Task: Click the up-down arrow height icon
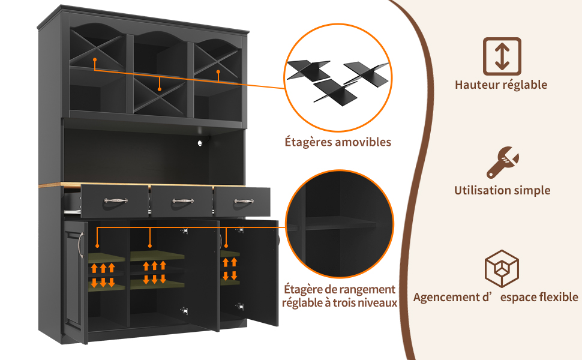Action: tap(502, 56)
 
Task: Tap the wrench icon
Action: tap(503, 162)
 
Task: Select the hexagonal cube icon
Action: tap(502, 268)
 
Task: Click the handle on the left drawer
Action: tap(115, 200)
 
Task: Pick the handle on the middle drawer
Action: tap(183, 201)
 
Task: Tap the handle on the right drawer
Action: tap(244, 201)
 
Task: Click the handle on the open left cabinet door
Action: tap(80, 245)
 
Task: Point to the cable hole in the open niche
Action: tap(201, 143)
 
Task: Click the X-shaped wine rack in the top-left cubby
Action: tap(97, 50)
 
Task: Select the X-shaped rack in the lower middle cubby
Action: tap(159, 95)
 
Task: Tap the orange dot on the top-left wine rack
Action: tap(95, 59)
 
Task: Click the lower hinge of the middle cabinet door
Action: tap(184, 310)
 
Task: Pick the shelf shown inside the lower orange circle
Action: tap(340, 223)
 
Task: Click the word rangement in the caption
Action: tap(362, 289)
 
